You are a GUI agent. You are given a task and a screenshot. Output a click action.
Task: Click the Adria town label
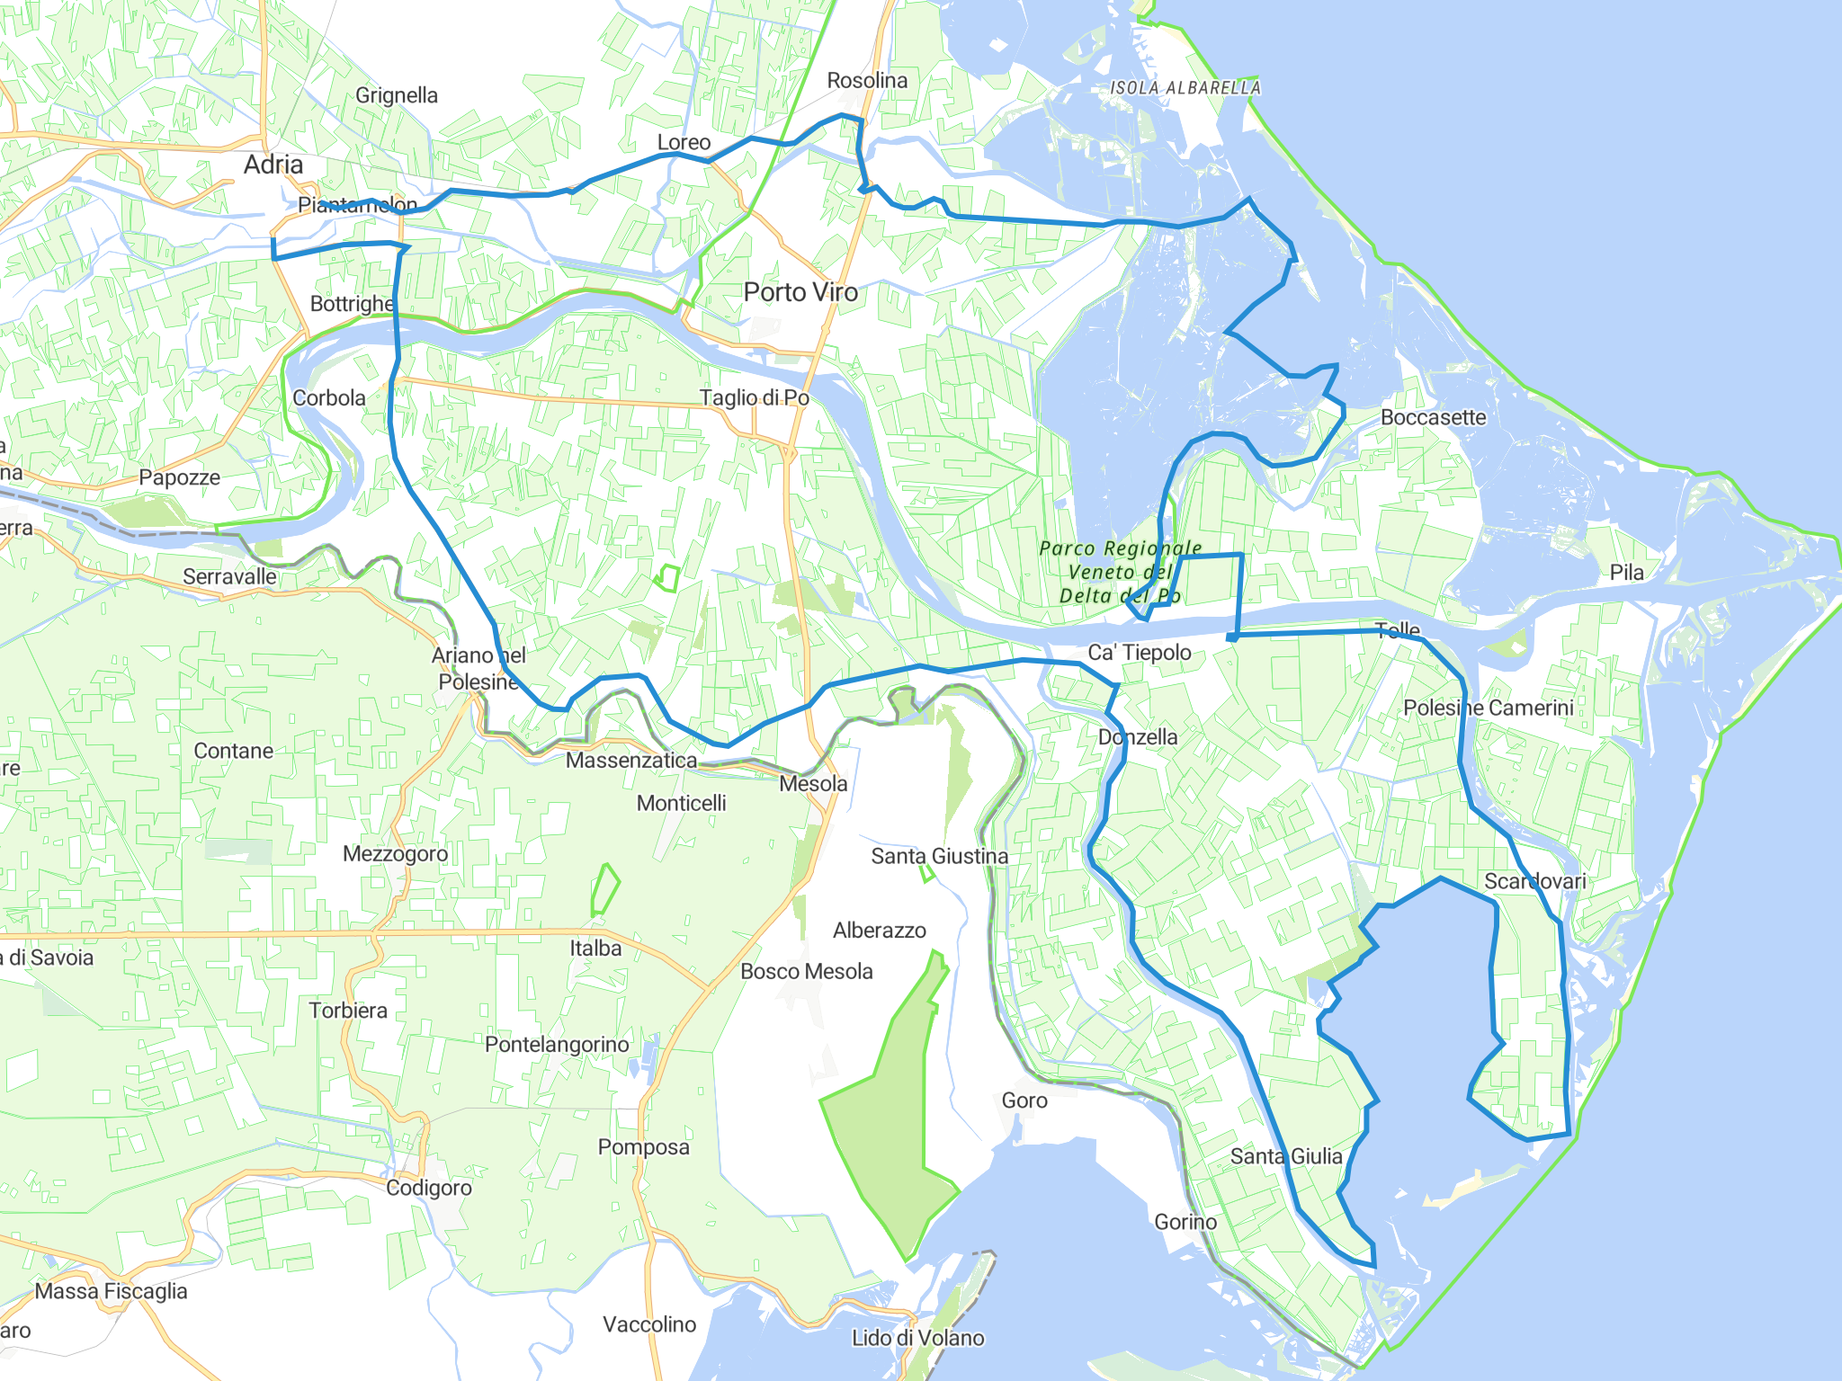coord(273,165)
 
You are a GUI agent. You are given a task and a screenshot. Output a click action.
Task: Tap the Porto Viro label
coord(800,292)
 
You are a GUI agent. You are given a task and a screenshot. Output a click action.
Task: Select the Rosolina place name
coord(867,81)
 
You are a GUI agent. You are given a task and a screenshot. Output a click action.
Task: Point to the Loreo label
coord(684,142)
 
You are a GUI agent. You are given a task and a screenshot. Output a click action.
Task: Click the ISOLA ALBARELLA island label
coord(1185,88)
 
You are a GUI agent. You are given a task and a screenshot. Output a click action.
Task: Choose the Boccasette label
coord(1433,417)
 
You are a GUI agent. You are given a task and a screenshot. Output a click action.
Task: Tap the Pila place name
coord(1626,573)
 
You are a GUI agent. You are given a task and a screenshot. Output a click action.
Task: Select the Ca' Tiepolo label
coord(1140,653)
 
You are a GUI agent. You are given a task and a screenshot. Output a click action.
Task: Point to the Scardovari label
coord(1534,881)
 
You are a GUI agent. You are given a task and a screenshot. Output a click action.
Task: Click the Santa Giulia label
coord(1286,1156)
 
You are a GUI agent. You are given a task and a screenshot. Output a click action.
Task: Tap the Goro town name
coord(1024,1100)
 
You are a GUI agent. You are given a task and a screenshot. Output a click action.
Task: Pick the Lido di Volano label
coord(917,1338)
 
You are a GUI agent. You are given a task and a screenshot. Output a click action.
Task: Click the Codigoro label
coord(429,1188)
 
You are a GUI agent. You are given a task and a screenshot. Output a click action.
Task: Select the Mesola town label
coord(813,784)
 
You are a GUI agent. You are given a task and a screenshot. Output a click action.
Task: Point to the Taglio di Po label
coord(754,397)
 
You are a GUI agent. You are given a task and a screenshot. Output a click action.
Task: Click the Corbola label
coord(329,397)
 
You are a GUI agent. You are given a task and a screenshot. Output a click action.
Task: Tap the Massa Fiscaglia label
coord(112,1291)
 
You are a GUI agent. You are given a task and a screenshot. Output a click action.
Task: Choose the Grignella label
coord(397,95)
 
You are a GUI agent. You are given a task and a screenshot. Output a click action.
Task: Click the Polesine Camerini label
coord(1489,708)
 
